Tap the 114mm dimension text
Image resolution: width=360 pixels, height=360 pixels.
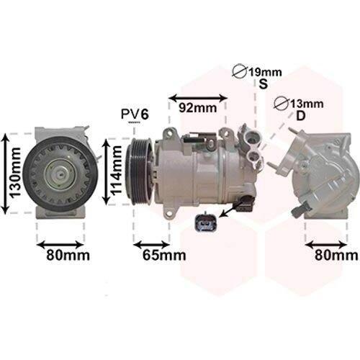coord(117,171)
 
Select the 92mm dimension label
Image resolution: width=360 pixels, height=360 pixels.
coord(198,108)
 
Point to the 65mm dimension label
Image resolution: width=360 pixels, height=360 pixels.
coord(164,255)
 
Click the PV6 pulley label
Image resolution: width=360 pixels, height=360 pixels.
coord(135,114)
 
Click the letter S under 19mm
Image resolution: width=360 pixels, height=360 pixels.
coord(264,84)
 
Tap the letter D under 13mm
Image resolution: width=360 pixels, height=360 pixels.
coord(301,116)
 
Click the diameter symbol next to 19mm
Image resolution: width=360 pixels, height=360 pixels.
coord(240,71)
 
